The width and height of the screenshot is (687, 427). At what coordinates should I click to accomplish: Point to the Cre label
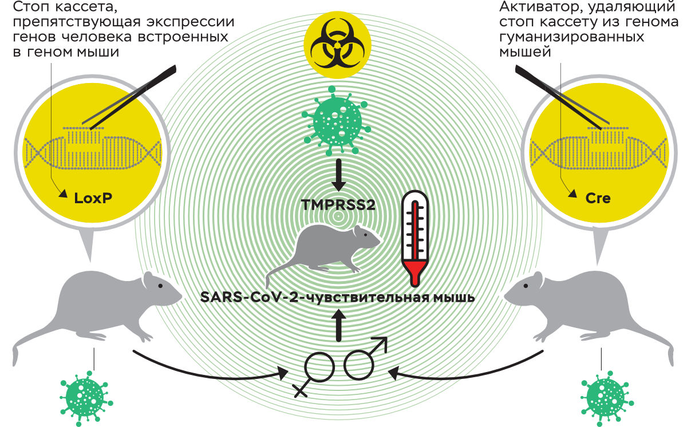tap(598, 199)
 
